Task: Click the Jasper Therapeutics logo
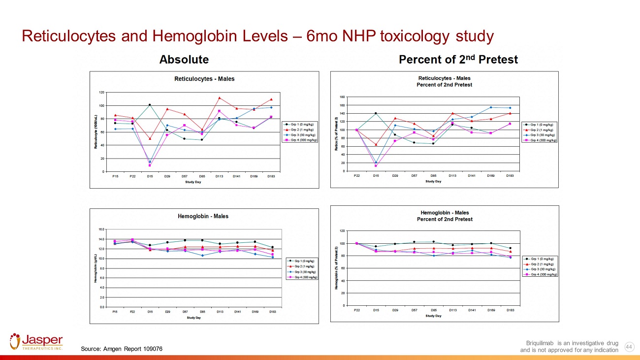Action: coord(36,342)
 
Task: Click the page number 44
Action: coord(629,347)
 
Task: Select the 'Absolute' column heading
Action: coord(184,60)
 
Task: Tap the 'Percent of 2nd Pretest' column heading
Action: coord(458,60)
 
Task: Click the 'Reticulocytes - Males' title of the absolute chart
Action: coord(204,79)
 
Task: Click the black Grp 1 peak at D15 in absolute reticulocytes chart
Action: coord(150,105)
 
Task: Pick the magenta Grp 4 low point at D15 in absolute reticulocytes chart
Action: coord(150,165)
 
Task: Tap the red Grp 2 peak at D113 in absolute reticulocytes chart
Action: coord(219,98)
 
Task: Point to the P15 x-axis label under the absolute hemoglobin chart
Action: coord(115,312)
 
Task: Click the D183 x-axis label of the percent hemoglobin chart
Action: coord(511,310)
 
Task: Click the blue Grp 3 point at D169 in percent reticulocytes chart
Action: coord(491,107)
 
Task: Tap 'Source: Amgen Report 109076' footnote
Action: coord(121,349)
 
